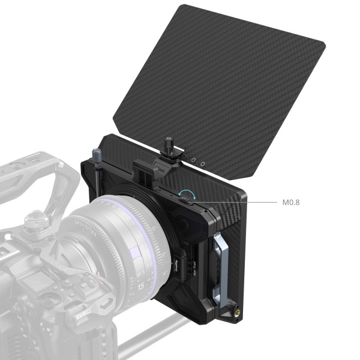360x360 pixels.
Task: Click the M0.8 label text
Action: tap(290, 202)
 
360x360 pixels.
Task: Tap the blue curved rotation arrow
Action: tap(187, 193)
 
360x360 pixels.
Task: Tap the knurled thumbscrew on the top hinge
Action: tap(169, 145)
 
